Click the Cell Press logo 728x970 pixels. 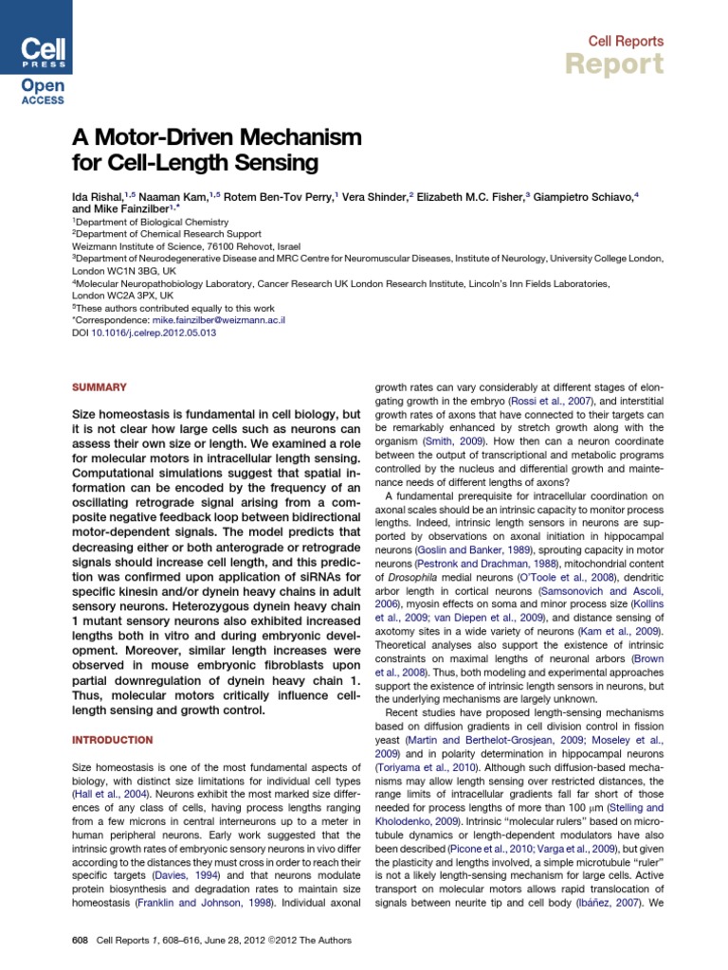click(36, 39)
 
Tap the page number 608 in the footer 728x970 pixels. click(81, 940)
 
